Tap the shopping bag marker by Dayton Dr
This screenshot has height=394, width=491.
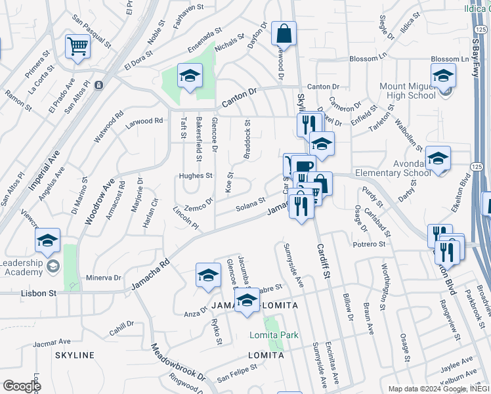(284, 33)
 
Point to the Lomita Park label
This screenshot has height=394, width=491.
(274, 335)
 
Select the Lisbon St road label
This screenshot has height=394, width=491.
(39, 293)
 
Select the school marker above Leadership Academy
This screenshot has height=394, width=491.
(47, 240)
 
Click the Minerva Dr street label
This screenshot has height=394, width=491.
(104, 278)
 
